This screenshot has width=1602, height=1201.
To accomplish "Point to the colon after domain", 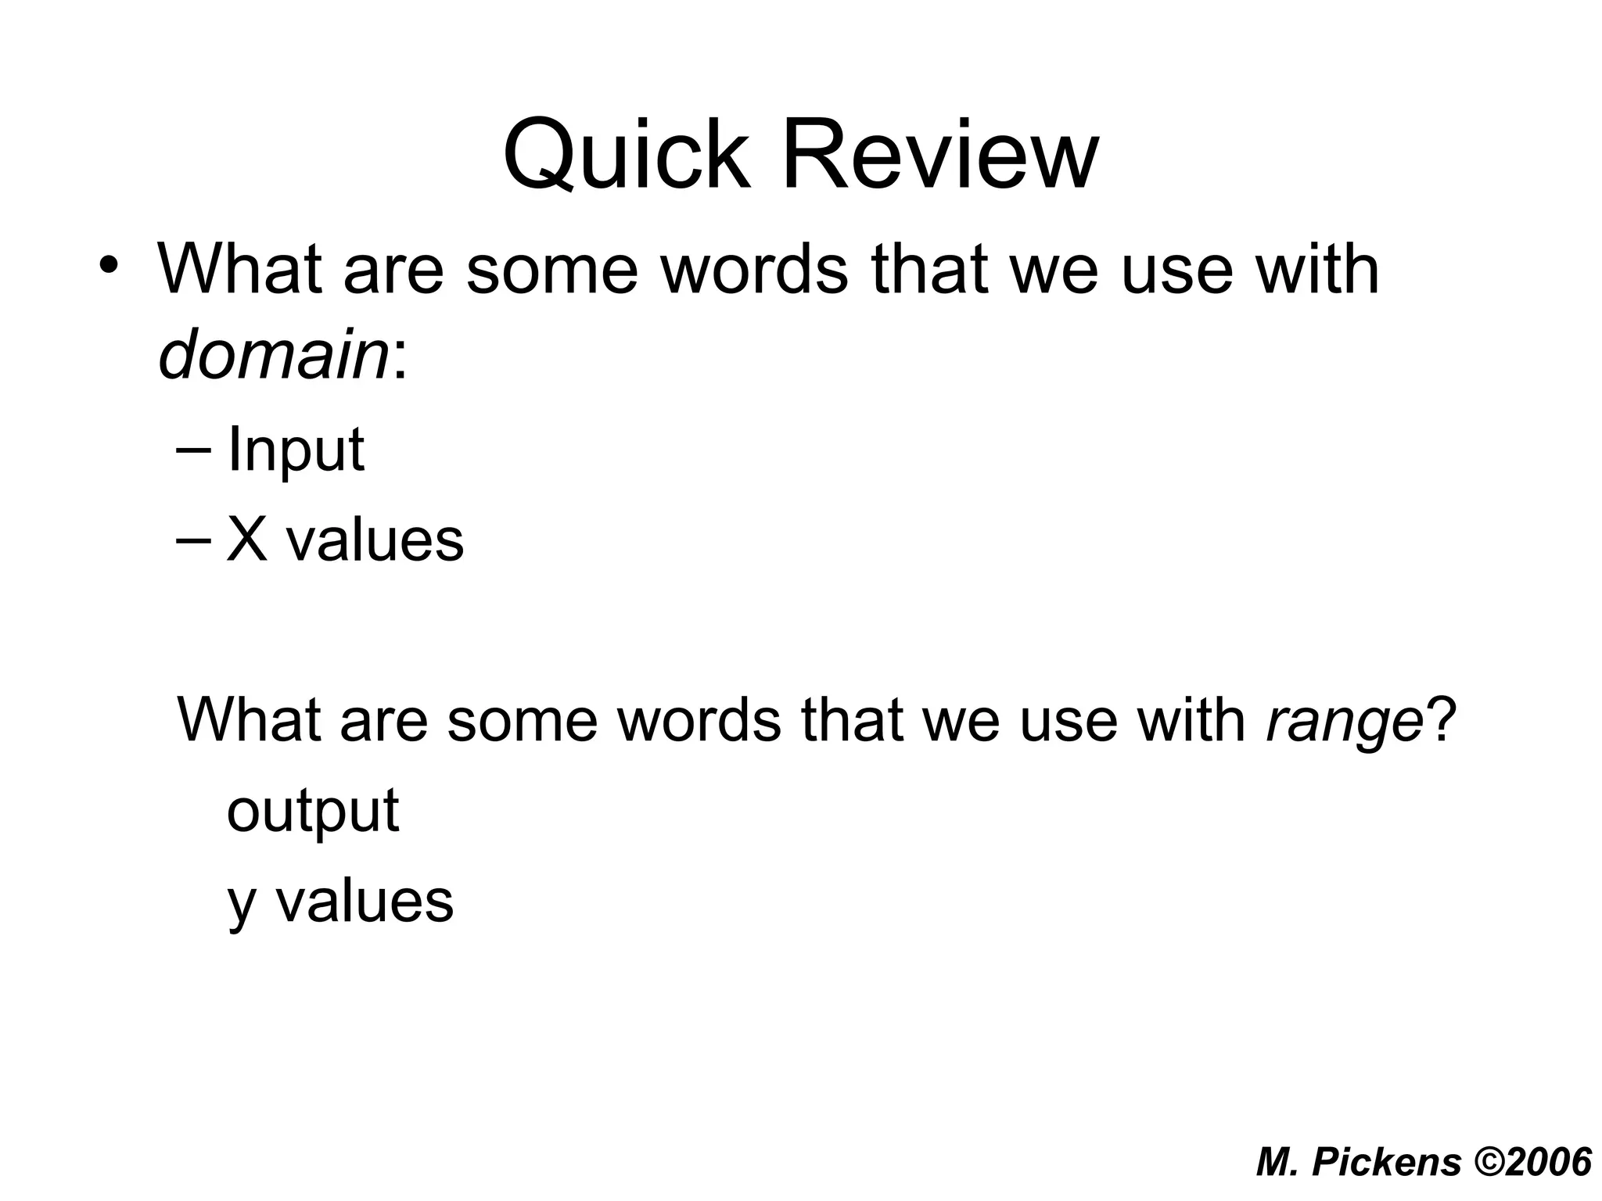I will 400,360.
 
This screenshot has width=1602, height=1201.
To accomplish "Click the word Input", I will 295,451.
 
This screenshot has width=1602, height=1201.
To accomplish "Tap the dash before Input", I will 193,451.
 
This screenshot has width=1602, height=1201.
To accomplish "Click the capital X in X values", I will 247,541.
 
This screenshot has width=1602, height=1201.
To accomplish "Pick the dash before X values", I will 193,541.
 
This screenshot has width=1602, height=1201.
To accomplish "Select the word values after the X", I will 374,541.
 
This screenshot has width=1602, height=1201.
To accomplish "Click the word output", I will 312,812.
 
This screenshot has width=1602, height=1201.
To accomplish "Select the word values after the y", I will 365,902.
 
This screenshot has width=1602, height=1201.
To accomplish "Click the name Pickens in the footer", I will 1386,1162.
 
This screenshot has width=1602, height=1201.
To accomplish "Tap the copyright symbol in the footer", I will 1491,1162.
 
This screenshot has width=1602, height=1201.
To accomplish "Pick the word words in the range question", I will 699,719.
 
